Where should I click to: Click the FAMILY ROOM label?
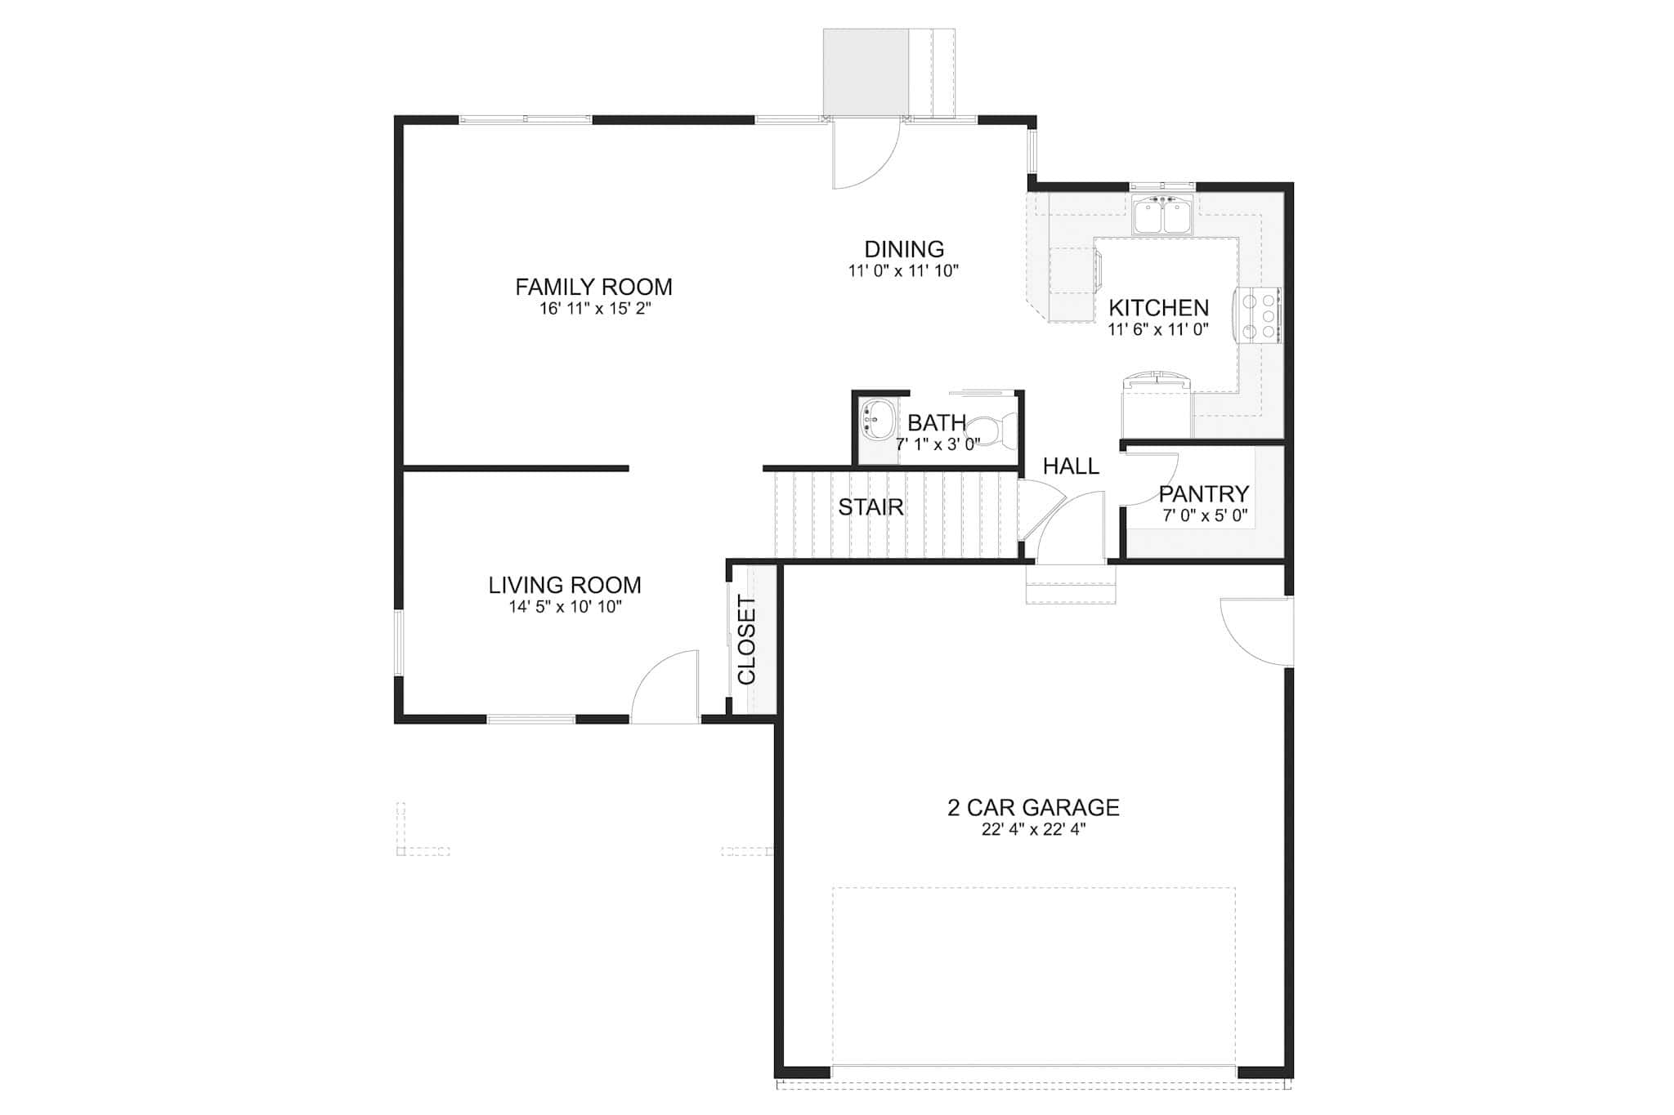coord(593,288)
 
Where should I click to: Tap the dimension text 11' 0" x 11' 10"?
coord(903,271)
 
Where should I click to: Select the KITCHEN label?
coord(1158,308)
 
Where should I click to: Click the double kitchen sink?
coord(1162,216)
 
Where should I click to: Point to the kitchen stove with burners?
coord(1259,315)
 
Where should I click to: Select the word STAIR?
coord(871,507)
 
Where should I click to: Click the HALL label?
coord(1071,466)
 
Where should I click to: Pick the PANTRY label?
coord(1204,494)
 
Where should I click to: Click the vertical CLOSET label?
coord(747,640)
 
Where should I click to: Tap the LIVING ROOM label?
coord(565,586)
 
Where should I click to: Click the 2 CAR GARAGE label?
coord(1033,808)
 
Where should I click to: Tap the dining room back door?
coord(865,155)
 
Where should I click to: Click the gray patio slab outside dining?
coord(866,72)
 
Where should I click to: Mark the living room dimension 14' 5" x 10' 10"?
coord(565,607)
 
